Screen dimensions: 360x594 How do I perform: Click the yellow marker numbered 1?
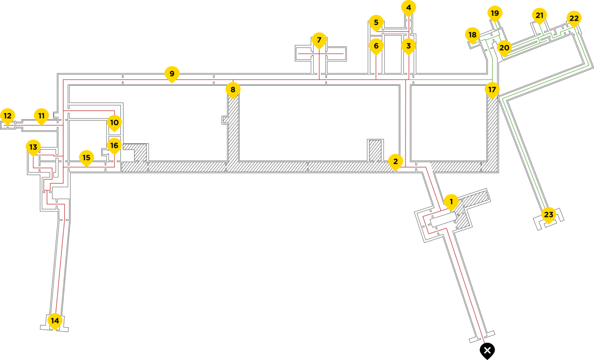(x=451, y=202)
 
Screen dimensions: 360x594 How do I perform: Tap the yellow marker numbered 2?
(x=395, y=161)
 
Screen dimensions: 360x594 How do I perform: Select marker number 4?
(x=408, y=7)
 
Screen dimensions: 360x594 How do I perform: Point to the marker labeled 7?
(x=319, y=40)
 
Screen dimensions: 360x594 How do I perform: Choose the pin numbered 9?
(x=172, y=73)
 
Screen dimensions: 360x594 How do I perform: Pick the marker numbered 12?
(x=7, y=116)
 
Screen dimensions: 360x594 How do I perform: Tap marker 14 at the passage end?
(x=55, y=321)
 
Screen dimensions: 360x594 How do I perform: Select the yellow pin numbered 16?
(x=114, y=146)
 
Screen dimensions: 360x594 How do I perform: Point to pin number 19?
(x=495, y=14)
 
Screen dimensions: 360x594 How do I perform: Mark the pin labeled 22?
(x=574, y=18)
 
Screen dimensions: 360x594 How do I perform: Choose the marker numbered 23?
(x=549, y=215)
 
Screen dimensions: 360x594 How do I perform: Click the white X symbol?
(x=487, y=350)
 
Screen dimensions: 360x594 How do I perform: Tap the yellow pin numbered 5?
(x=376, y=22)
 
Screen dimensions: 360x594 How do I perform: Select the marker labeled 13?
(x=33, y=147)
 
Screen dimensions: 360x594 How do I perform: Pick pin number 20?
(x=504, y=48)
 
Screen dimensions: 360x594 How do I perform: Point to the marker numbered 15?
(x=86, y=158)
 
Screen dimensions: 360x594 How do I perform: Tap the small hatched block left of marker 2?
(x=375, y=150)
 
